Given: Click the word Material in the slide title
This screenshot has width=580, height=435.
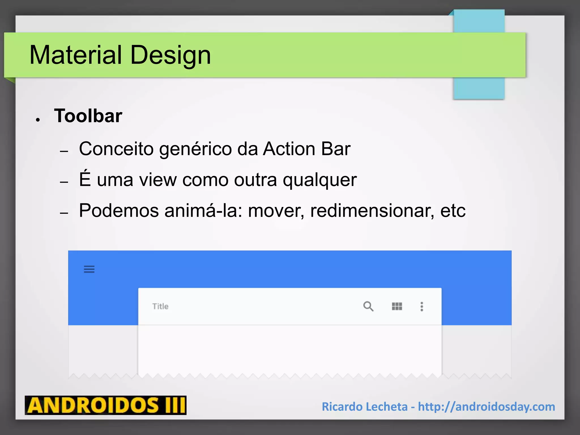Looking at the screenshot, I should [x=76, y=55].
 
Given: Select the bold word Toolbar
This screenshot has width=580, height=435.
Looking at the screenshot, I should [x=88, y=116].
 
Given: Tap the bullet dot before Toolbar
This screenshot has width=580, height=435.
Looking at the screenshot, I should [x=38, y=120].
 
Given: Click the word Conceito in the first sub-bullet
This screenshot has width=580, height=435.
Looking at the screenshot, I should [x=116, y=149].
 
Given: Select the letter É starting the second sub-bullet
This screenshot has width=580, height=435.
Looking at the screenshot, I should [x=85, y=179].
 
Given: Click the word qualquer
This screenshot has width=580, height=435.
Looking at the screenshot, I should [x=320, y=180].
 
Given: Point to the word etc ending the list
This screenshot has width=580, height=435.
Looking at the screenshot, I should [x=453, y=211].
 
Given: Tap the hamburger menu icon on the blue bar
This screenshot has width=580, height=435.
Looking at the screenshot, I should [x=89, y=269].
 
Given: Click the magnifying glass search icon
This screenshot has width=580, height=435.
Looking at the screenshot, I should [x=368, y=306].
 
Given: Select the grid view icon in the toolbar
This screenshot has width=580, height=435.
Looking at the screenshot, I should [x=397, y=306].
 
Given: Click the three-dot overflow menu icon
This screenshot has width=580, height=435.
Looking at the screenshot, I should [x=422, y=306].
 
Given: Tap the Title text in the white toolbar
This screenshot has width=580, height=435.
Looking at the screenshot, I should [x=160, y=306].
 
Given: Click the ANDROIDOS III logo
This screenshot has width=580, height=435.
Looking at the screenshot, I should [x=106, y=405].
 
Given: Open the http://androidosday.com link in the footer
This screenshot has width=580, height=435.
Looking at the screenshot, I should [x=486, y=407].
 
